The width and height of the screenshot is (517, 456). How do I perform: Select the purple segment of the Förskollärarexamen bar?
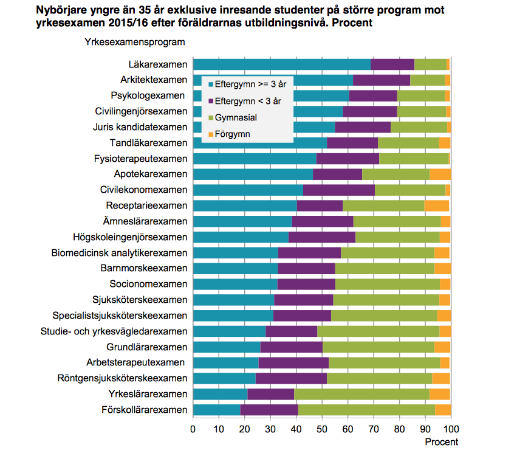269,410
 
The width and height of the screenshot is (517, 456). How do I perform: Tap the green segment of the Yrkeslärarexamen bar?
361,394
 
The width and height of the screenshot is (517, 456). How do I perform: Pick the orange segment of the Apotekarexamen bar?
440,174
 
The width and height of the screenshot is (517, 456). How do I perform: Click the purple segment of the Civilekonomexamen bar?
338,190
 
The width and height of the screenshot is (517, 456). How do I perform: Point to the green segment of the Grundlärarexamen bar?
378,347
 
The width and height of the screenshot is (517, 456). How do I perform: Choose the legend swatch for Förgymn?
211,134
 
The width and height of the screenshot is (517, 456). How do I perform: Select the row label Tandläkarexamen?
148,143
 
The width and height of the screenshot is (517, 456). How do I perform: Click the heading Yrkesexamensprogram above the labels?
131,42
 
